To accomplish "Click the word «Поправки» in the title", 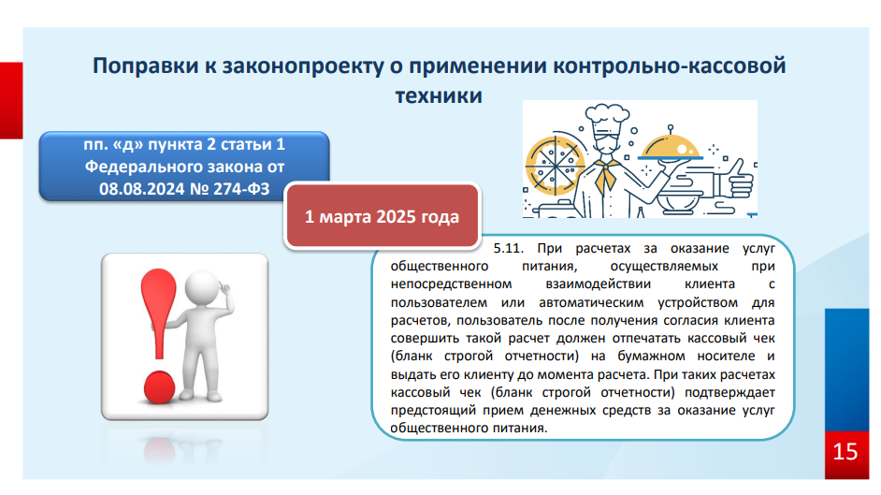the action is (x=146, y=66).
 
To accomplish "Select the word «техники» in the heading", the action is (x=439, y=95).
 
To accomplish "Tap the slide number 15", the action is (x=845, y=452).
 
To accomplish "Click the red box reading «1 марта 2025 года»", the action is (x=383, y=216).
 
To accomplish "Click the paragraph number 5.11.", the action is (x=509, y=248).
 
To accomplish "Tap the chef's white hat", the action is (x=607, y=116).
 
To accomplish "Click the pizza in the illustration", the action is (x=555, y=164).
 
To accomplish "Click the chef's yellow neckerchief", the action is (x=606, y=175).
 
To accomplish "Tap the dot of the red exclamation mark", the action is (x=160, y=387).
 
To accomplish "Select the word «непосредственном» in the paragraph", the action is (x=451, y=284).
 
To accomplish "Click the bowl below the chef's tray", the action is (x=679, y=202).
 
